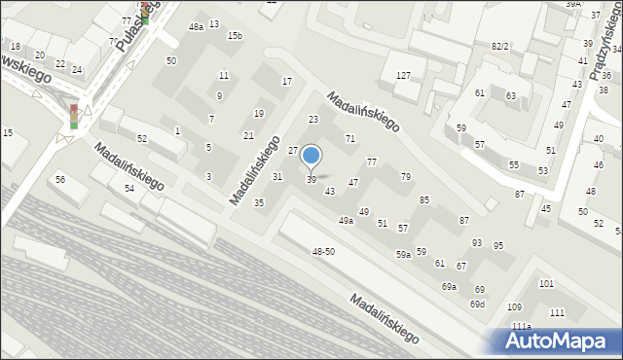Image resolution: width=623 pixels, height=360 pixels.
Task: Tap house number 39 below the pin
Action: pyautogui.click(x=311, y=180)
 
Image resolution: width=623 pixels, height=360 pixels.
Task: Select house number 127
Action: pyautogui.click(x=403, y=75)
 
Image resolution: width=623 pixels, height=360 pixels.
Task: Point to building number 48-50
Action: pyautogui.click(x=323, y=252)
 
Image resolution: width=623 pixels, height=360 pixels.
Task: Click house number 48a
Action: pyautogui.click(x=197, y=27)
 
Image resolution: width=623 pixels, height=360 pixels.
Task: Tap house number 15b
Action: pyautogui.click(x=235, y=36)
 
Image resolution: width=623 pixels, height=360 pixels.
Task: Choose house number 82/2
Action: pyautogui.click(x=500, y=46)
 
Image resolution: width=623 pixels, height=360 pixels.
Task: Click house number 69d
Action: pyautogui.click(x=477, y=305)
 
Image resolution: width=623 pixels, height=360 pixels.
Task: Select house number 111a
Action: pyautogui.click(x=522, y=326)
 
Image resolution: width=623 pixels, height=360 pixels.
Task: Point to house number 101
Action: pyautogui.click(x=546, y=284)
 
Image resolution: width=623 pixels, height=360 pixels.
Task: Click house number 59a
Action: pyautogui.click(x=402, y=254)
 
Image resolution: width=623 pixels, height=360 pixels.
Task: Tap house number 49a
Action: pyautogui.click(x=346, y=221)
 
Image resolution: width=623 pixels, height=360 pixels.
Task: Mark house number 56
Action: pyautogui.click(x=60, y=179)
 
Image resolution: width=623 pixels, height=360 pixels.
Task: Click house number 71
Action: pyautogui.click(x=350, y=139)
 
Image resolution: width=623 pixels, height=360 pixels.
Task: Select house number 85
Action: pyautogui.click(x=424, y=200)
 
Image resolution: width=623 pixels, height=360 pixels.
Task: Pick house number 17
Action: pyautogui.click(x=286, y=81)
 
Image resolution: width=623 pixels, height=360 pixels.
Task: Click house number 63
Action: pyautogui.click(x=511, y=95)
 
